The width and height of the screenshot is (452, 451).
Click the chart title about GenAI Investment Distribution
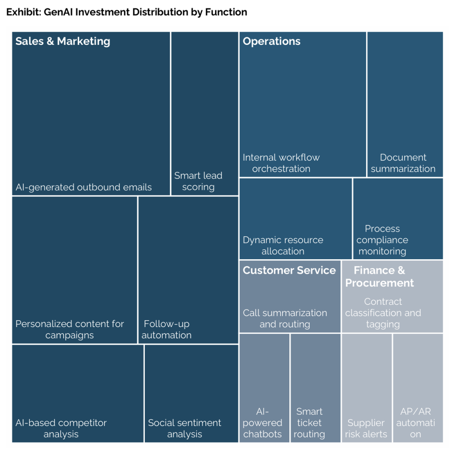tap(126, 12)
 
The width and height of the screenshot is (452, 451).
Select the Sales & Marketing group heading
tap(62, 41)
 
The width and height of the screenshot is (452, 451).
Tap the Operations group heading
tap(271, 41)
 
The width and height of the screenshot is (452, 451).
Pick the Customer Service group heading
tap(289, 270)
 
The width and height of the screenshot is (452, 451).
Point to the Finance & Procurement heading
tap(379, 276)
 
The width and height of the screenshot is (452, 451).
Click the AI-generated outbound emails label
tap(84, 187)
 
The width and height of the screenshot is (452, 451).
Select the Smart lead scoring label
tap(198, 181)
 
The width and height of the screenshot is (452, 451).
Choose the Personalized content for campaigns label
tap(69, 329)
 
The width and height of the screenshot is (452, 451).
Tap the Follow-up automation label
tap(166, 329)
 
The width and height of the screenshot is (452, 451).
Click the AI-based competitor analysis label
tap(61, 428)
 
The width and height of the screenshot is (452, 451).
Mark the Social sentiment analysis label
tap(185, 428)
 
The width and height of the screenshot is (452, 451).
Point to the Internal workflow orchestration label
tap(281, 163)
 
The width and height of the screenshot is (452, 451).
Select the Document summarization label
tap(403, 163)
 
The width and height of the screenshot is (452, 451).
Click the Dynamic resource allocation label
tap(283, 245)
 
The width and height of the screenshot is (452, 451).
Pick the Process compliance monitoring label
tap(382, 240)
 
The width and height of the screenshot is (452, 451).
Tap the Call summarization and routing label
tap(285, 318)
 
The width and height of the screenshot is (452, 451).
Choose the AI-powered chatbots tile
tap(265, 388)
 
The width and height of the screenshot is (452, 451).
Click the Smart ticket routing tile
tap(316, 388)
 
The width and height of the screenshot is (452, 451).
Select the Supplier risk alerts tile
tap(367, 388)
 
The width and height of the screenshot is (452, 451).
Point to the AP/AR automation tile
tap(418, 388)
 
